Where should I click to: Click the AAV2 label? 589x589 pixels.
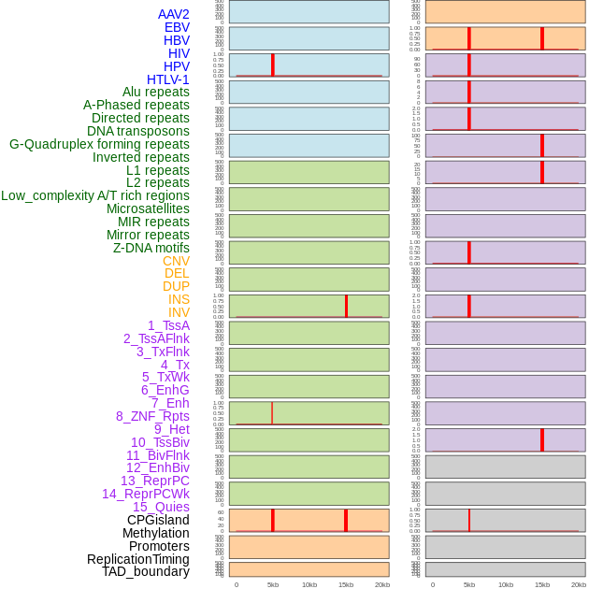(173, 14)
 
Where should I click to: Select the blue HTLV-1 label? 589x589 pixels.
(167, 79)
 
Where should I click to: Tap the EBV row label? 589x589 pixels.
(177, 27)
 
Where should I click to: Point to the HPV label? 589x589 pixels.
(177, 66)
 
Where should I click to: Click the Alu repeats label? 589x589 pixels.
(156, 92)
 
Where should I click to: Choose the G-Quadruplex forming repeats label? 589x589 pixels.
(99, 144)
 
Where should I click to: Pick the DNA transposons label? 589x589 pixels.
(138, 131)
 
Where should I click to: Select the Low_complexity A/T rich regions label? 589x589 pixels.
(95, 195)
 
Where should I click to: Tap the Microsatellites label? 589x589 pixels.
(148, 208)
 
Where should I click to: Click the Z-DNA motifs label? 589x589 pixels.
(151, 248)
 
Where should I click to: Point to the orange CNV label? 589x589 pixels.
(176, 261)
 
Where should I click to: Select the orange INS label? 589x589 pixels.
(179, 299)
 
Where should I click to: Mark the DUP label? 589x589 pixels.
(176, 286)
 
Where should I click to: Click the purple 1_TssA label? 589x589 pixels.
(168, 325)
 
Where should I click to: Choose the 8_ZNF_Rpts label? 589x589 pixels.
(152, 416)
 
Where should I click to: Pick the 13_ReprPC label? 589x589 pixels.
(154, 481)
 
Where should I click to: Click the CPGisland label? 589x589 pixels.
(158, 520)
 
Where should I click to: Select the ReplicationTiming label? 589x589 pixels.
(138, 559)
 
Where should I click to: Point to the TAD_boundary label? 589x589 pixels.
(146, 571)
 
